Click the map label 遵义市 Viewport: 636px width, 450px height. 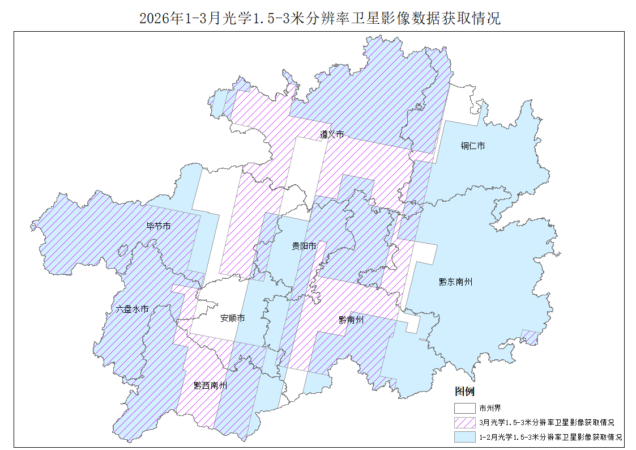331,135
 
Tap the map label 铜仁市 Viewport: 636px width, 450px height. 472,146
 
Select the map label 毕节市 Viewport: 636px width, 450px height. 159,226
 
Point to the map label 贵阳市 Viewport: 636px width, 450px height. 304,246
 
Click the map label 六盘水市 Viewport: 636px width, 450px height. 132,309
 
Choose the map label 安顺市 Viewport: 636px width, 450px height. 232,319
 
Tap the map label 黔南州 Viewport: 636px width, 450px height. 351,320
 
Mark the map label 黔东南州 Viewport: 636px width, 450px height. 455,282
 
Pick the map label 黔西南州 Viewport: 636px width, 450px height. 210,386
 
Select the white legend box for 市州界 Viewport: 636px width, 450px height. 464,407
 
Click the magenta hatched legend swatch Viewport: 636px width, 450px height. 464,422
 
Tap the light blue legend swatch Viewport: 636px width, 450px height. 464,437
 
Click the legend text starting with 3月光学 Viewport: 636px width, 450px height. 547,422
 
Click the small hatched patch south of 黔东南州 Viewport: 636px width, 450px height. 530,337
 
